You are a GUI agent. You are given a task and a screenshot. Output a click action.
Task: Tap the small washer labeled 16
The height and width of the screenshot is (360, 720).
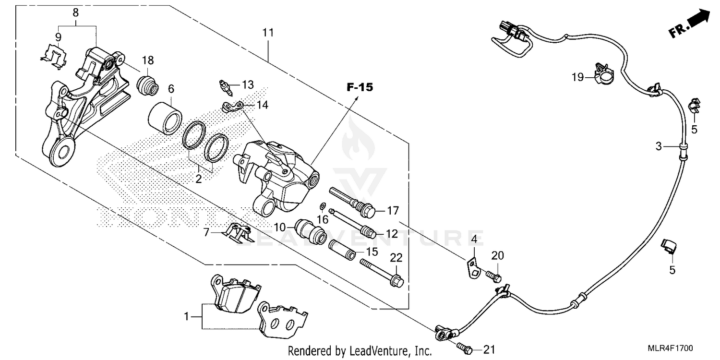(323, 207)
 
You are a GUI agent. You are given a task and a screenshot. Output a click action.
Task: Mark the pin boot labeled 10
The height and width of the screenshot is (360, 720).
(310, 230)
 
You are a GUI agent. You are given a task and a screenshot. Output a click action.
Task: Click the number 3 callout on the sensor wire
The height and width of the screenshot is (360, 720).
(659, 146)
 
